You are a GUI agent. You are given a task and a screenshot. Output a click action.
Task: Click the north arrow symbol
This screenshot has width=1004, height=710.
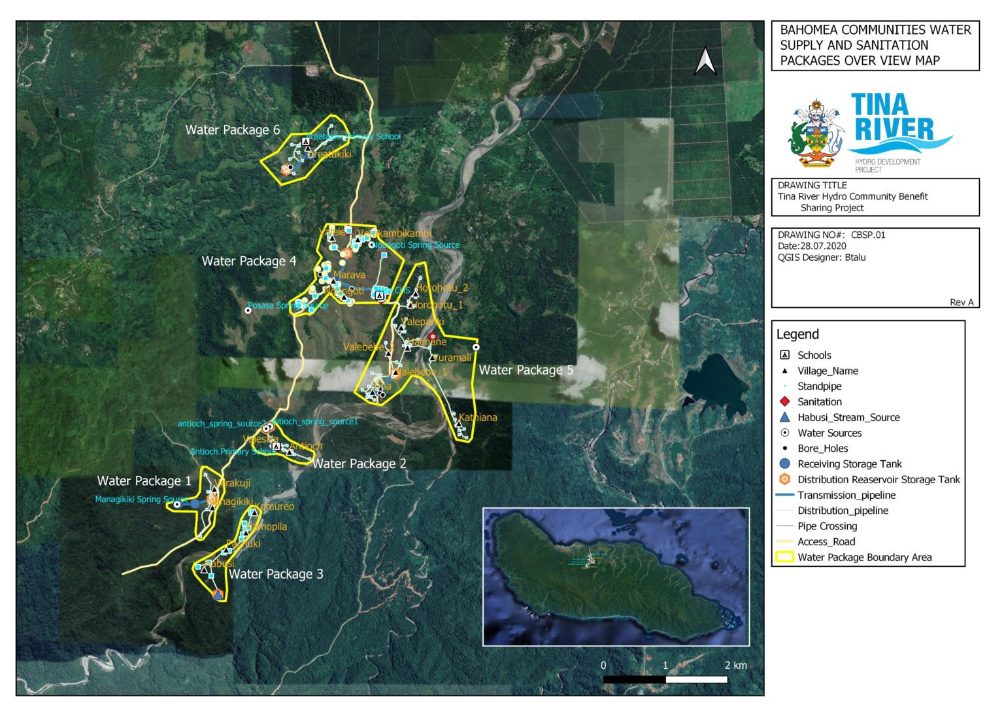[x=705, y=62]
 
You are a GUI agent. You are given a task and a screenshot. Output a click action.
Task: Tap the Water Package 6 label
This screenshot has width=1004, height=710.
[x=232, y=130]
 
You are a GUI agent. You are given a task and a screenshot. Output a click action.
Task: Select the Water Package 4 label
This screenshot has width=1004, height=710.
[x=248, y=262]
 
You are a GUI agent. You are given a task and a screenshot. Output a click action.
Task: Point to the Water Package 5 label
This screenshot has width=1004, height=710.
[x=526, y=371]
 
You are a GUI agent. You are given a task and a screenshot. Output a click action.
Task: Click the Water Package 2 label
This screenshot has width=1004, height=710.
[x=359, y=464]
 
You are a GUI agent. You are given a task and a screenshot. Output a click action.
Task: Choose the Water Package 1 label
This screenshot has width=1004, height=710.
[x=144, y=481]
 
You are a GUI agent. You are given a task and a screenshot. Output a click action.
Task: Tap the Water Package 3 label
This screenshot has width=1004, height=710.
[x=275, y=575]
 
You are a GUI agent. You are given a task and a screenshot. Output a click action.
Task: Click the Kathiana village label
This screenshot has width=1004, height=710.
[x=478, y=418]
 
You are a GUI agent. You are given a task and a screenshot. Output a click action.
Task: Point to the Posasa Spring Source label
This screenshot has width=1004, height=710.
[x=288, y=306]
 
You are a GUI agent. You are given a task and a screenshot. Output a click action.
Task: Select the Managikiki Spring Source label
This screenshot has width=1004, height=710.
[x=141, y=499]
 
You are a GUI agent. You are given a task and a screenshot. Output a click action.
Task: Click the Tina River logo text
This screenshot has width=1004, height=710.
[x=893, y=118]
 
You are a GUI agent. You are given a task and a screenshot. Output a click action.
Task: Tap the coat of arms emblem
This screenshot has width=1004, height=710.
[x=816, y=134]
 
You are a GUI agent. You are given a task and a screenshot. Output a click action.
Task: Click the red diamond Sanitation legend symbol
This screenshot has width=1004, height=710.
[x=785, y=402]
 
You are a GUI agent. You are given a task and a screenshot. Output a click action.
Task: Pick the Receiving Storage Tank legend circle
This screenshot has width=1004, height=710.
[x=785, y=464]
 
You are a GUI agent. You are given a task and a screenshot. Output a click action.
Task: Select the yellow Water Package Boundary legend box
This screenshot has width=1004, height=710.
[x=784, y=558]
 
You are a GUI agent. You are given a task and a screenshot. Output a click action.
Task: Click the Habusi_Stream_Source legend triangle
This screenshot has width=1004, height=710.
[x=785, y=417]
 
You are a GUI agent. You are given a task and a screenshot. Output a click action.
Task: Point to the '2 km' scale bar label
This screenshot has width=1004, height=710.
[x=735, y=666]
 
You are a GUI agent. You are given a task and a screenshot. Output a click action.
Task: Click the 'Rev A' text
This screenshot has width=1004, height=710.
[x=962, y=302]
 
